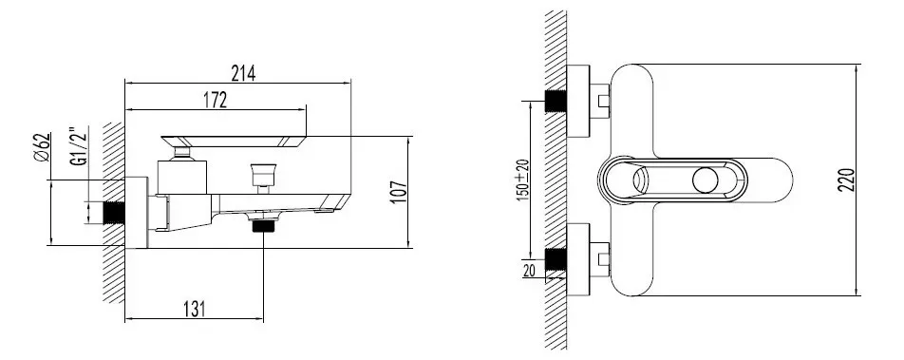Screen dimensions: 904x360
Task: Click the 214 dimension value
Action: click(x=243, y=73)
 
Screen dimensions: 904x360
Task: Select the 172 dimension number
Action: click(x=215, y=100)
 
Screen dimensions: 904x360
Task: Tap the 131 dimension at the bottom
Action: click(x=195, y=310)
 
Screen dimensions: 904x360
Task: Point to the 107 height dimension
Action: click(x=399, y=192)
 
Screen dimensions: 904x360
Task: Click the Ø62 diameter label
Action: click(x=42, y=147)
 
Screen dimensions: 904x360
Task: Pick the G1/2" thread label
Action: click(x=79, y=146)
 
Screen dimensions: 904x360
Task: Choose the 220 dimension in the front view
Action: click(x=846, y=180)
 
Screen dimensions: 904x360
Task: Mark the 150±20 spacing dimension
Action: click(x=523, y=180)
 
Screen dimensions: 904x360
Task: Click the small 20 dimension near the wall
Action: click(x=529, y=270)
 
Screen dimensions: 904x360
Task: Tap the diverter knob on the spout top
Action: click(x=263, y=175)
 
